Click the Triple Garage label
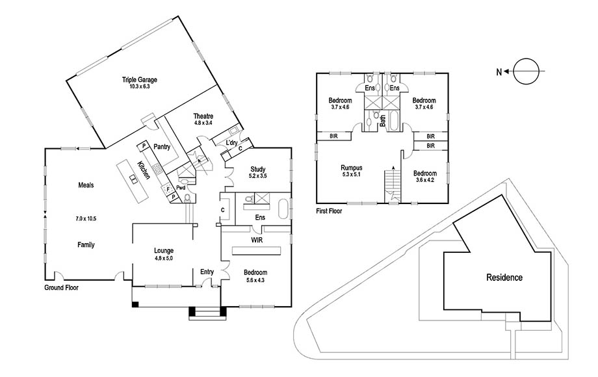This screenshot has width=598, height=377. tap(140, 80)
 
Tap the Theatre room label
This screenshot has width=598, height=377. tap(203, 116)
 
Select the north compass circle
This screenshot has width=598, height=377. tap(526, 71)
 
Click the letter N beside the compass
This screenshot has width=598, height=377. tap(499, 71)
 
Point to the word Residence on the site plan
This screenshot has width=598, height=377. tap(504, 278)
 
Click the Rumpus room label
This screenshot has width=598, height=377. tap(351, 168)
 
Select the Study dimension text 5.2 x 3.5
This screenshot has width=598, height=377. tap(258, 176)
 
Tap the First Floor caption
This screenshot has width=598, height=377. tap(329, 211)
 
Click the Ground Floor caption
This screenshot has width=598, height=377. tap(61, 287)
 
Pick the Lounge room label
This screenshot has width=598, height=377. tap(164, 251)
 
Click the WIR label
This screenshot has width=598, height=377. tap(257, 240)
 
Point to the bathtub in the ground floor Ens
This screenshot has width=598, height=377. tap(283, 209)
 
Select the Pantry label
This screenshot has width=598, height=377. tap(162, 147)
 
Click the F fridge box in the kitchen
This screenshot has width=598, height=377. tap(168, 189)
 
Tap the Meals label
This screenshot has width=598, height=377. tap(86, 185)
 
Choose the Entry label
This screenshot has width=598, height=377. tap(207, 272)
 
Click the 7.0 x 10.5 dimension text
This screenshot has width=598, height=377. tap(86, 219)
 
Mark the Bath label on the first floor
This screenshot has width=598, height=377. tap(382, 121)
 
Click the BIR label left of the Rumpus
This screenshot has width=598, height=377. tap(333, 136)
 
